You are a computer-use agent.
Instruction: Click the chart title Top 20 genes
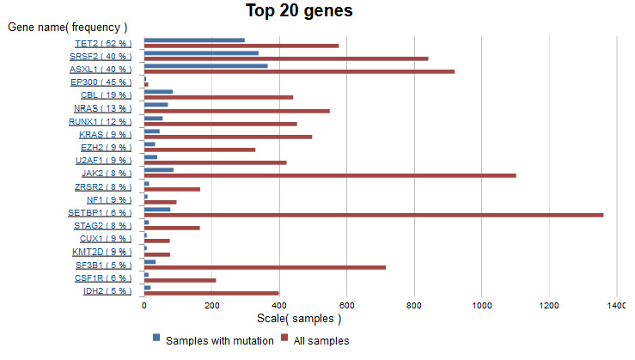pyautogui.click(x=299, y=11)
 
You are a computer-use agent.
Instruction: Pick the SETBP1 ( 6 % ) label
pyautogui.click(x=100, y=212)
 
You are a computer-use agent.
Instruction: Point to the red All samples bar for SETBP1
pyautogui.click(x=374, y=215)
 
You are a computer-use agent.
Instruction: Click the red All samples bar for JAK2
pyautogui.click(x=330, y=175)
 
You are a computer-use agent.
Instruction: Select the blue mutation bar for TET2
pyautogui.click(x=194, y=40)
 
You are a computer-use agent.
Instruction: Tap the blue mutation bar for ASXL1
pyautogui.click(x=205, y=65)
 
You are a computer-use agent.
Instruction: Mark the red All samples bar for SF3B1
pyautogui.click(x=265, y=267)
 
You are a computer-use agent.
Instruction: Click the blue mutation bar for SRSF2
pyautogui.click(x=201, y=52)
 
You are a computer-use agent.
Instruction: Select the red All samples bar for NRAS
pyautogui.click(x=236, y=111)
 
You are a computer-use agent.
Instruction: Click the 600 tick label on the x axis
pyautogui.click(x=346, y=304)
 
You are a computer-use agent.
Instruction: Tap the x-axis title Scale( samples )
pyautogui.click(x=299, y=319)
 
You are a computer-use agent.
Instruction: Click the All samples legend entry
pyautogui.click(x=319, y=340)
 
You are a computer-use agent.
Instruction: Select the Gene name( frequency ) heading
pyautogui.click(x=68, y=27)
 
